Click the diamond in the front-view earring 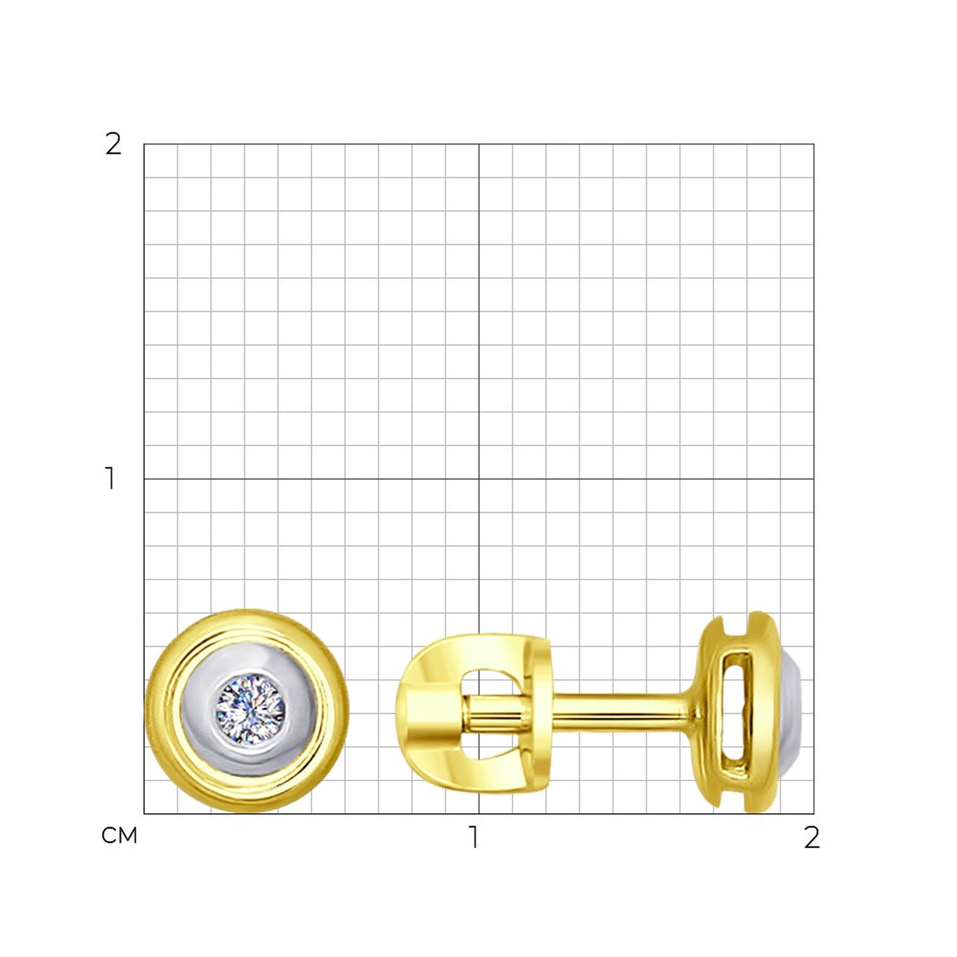(x=250, y=709)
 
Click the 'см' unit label (x=119, y=835)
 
